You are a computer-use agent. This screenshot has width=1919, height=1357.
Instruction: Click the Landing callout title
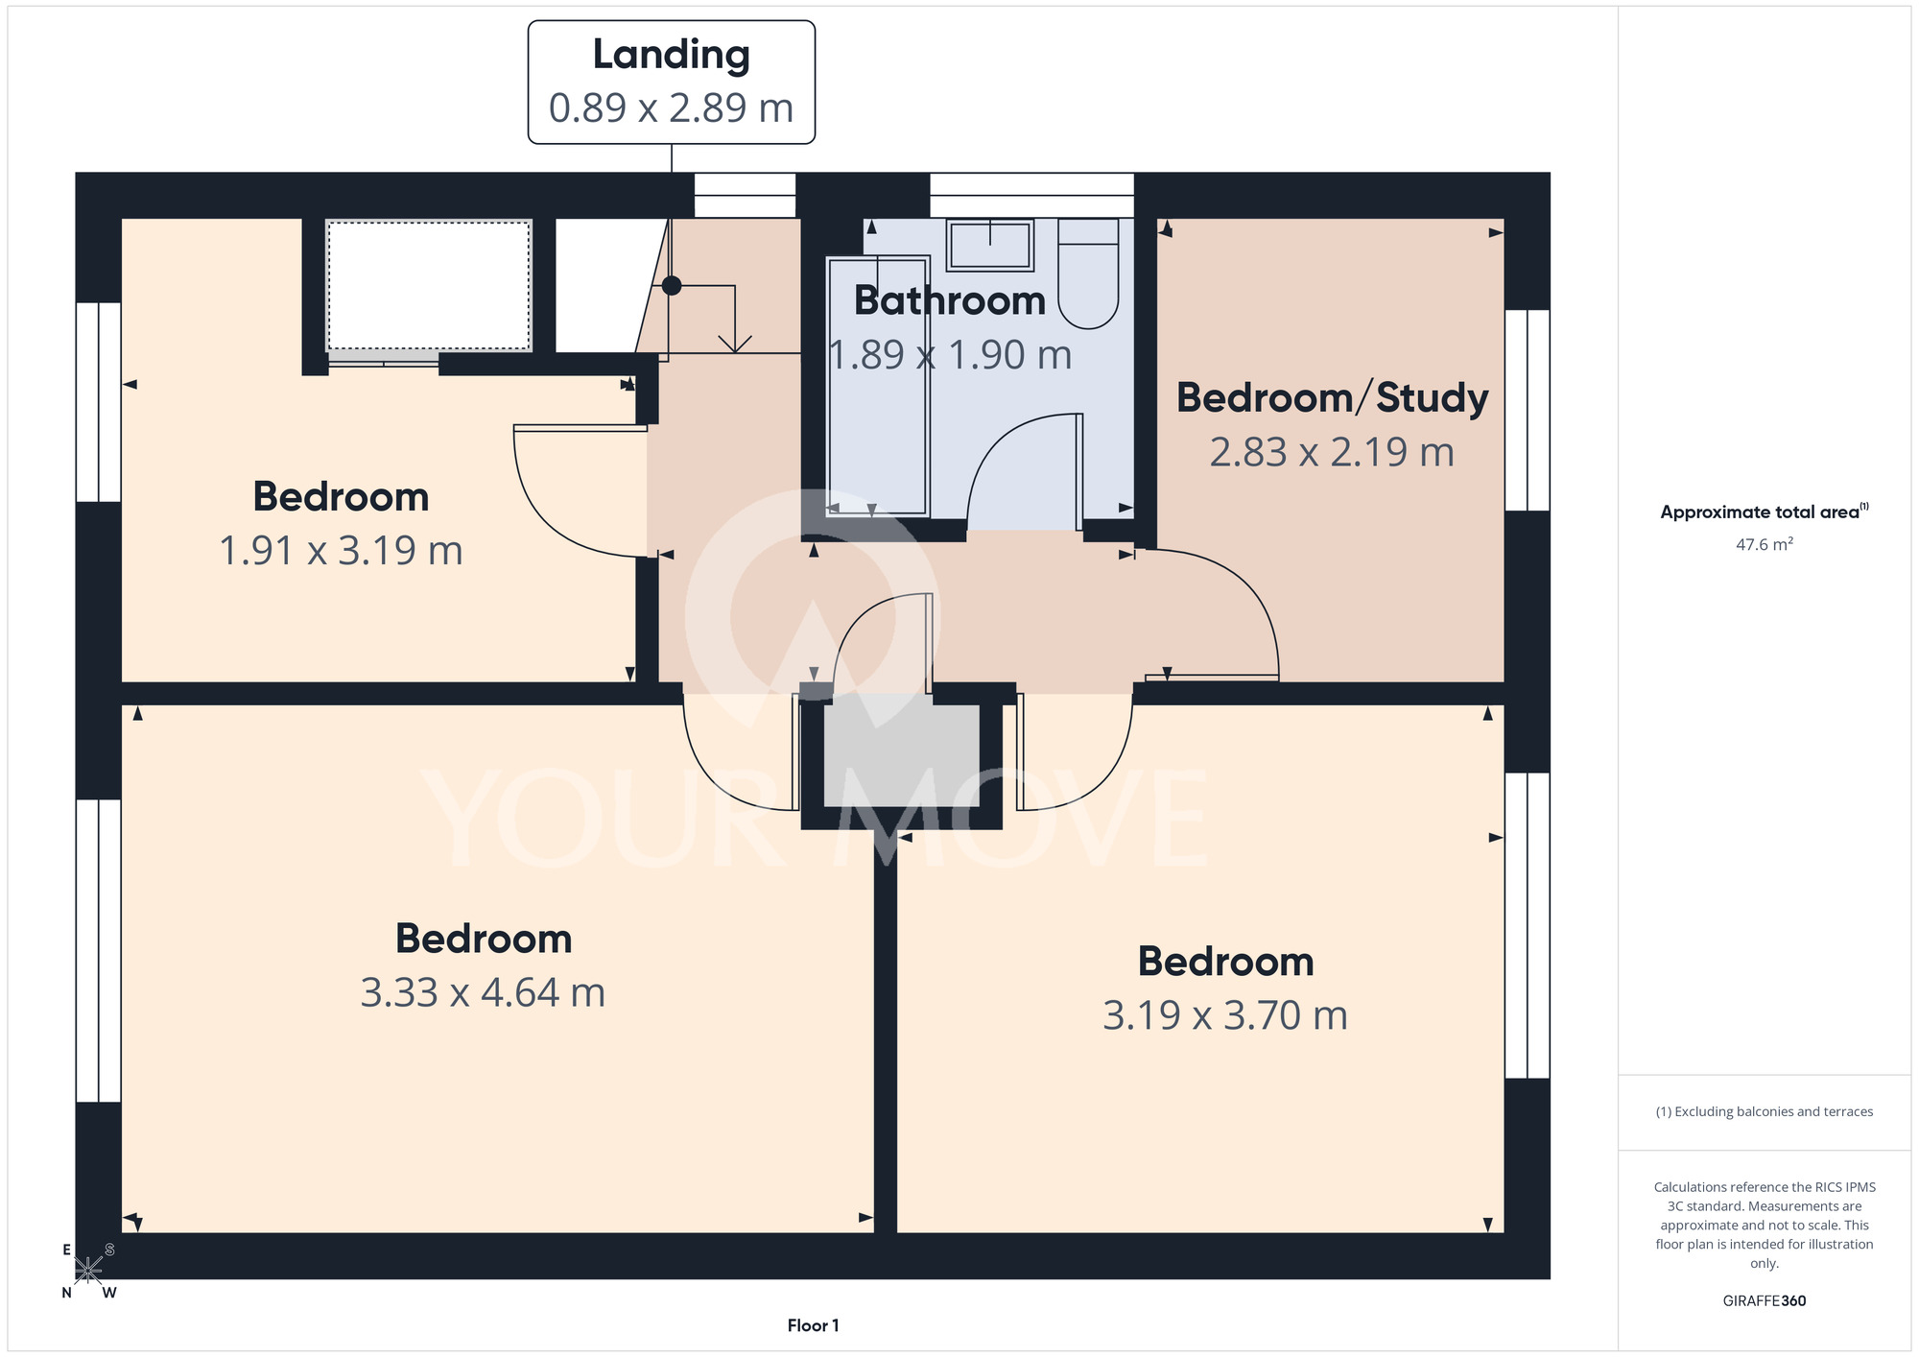671,55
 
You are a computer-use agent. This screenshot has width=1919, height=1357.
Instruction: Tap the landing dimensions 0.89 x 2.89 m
671,107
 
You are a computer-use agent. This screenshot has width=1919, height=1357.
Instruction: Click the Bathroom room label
950,300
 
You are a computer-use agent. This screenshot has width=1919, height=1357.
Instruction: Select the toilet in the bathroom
1088,274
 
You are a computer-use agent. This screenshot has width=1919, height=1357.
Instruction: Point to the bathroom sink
989,245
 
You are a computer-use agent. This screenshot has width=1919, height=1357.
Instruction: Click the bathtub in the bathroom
877,386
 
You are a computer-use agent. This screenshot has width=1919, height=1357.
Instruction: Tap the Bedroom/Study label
1332,398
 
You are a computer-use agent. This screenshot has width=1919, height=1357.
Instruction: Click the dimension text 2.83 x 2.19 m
1332,452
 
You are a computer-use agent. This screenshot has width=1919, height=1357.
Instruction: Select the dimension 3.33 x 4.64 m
483,992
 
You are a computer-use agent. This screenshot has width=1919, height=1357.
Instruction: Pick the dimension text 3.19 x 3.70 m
1225,1015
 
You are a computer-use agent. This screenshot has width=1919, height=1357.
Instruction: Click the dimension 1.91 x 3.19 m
341,551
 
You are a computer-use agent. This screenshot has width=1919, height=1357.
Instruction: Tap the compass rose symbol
88,1271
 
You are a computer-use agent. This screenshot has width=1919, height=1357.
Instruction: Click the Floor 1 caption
813,1325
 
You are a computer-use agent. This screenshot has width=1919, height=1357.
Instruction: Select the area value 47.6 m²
1765,544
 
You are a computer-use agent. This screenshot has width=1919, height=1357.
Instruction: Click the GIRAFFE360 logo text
1765,1301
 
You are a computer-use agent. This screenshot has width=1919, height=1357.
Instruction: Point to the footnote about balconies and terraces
1765,1111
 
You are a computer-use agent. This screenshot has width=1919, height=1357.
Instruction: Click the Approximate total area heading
1765,512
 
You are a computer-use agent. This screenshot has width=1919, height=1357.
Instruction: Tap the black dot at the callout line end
672,285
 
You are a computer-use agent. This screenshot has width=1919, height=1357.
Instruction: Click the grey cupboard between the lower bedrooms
902,755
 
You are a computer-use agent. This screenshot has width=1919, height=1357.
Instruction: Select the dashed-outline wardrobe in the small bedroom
429,286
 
